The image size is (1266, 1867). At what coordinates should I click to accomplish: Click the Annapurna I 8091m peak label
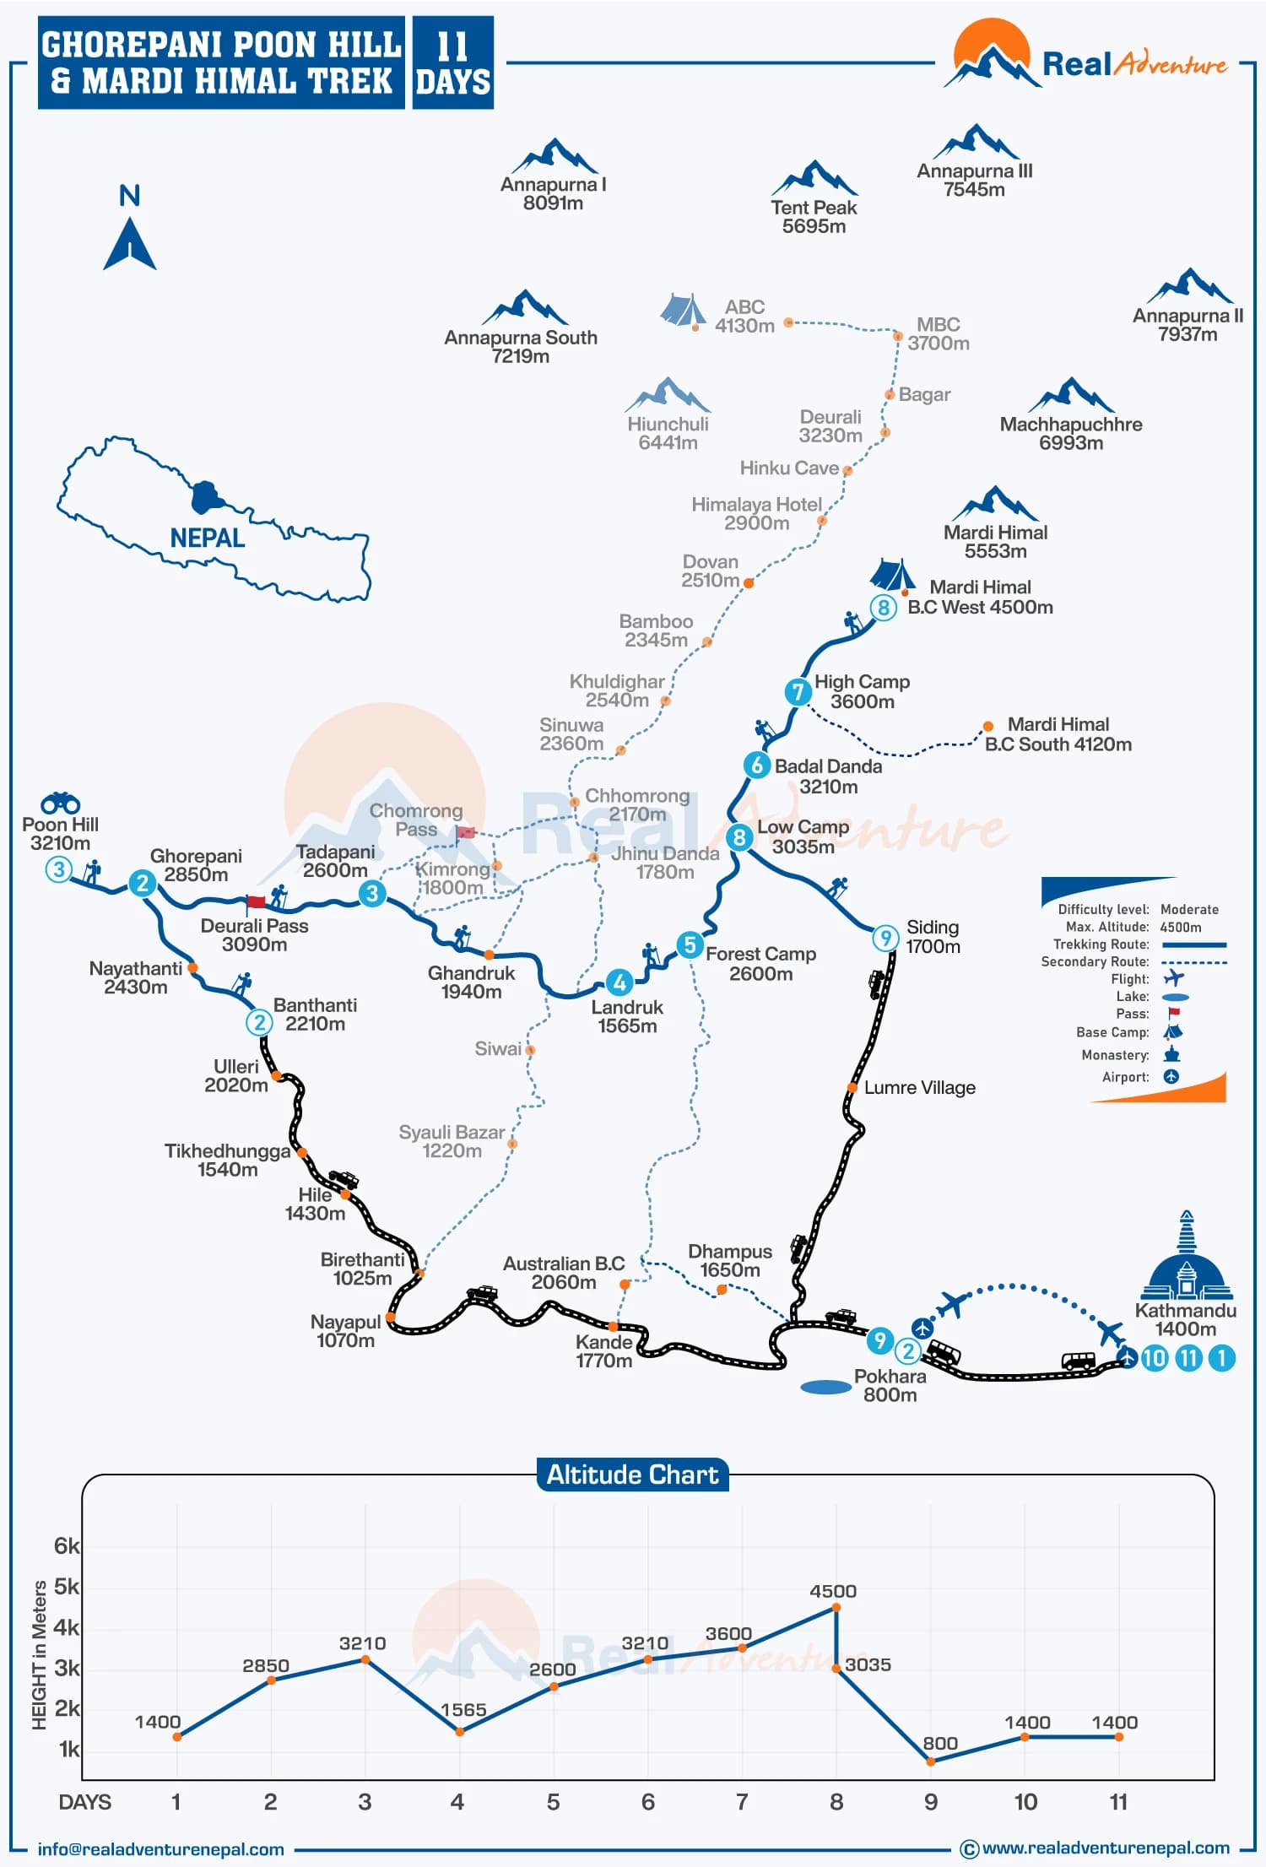pos(553,193)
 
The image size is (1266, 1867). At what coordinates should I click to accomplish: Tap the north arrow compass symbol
pos(130,243)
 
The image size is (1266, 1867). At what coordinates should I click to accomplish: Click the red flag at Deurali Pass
pos(256,902)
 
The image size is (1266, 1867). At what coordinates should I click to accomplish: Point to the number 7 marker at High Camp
pos(798,692)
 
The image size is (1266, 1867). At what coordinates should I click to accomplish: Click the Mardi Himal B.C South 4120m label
pos(1058,734)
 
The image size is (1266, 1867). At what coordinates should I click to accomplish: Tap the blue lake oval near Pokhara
pos(825,1387)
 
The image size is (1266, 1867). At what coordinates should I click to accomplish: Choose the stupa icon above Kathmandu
pos(1186,1258)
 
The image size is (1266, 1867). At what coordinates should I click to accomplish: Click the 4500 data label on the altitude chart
pos(832,1591)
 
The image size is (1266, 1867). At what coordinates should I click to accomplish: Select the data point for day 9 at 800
pos(930,1761)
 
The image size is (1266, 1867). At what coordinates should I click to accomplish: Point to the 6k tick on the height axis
pos(66,1546)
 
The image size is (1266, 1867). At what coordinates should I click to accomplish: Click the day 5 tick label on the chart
pos(553,1802)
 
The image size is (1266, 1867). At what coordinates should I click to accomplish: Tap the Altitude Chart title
pos(632,1475)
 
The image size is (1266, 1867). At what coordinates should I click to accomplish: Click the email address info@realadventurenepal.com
pos(160,1849)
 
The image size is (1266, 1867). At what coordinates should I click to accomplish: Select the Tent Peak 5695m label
pos(814,216)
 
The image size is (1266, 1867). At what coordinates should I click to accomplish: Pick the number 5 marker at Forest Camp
pos(690,944)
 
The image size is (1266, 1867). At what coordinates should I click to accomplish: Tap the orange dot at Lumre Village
pos(852,1087)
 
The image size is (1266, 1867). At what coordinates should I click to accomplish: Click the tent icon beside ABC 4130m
pos(682,310)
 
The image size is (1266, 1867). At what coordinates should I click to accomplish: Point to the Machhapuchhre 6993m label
pos(1070,433)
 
